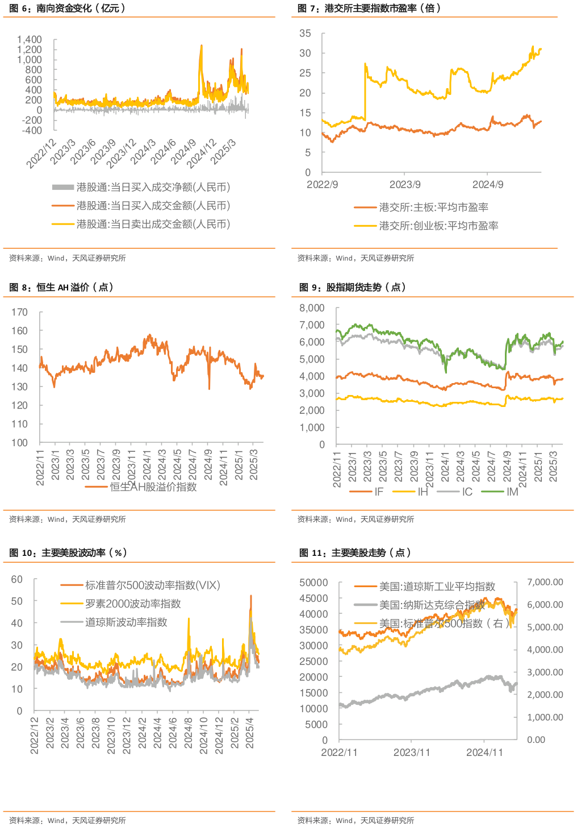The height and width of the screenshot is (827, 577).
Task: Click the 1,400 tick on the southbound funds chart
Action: click(30, 40)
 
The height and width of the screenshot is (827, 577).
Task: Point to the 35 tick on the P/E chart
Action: click(305, 34)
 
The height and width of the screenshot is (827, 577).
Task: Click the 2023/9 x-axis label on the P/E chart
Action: click(405, 185)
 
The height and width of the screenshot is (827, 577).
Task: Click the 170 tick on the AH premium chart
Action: click(19, 312)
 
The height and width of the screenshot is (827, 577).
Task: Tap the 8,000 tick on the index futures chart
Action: click(312, 308)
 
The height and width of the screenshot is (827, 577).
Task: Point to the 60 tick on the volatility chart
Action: click(17, 579)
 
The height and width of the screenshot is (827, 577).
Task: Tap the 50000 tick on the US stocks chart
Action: click(313, 583)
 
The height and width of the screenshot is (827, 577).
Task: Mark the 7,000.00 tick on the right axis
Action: click(545, 582)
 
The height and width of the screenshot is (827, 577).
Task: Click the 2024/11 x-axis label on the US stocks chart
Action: click(484, 753)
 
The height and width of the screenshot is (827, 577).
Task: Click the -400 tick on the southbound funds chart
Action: click(30, 130)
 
